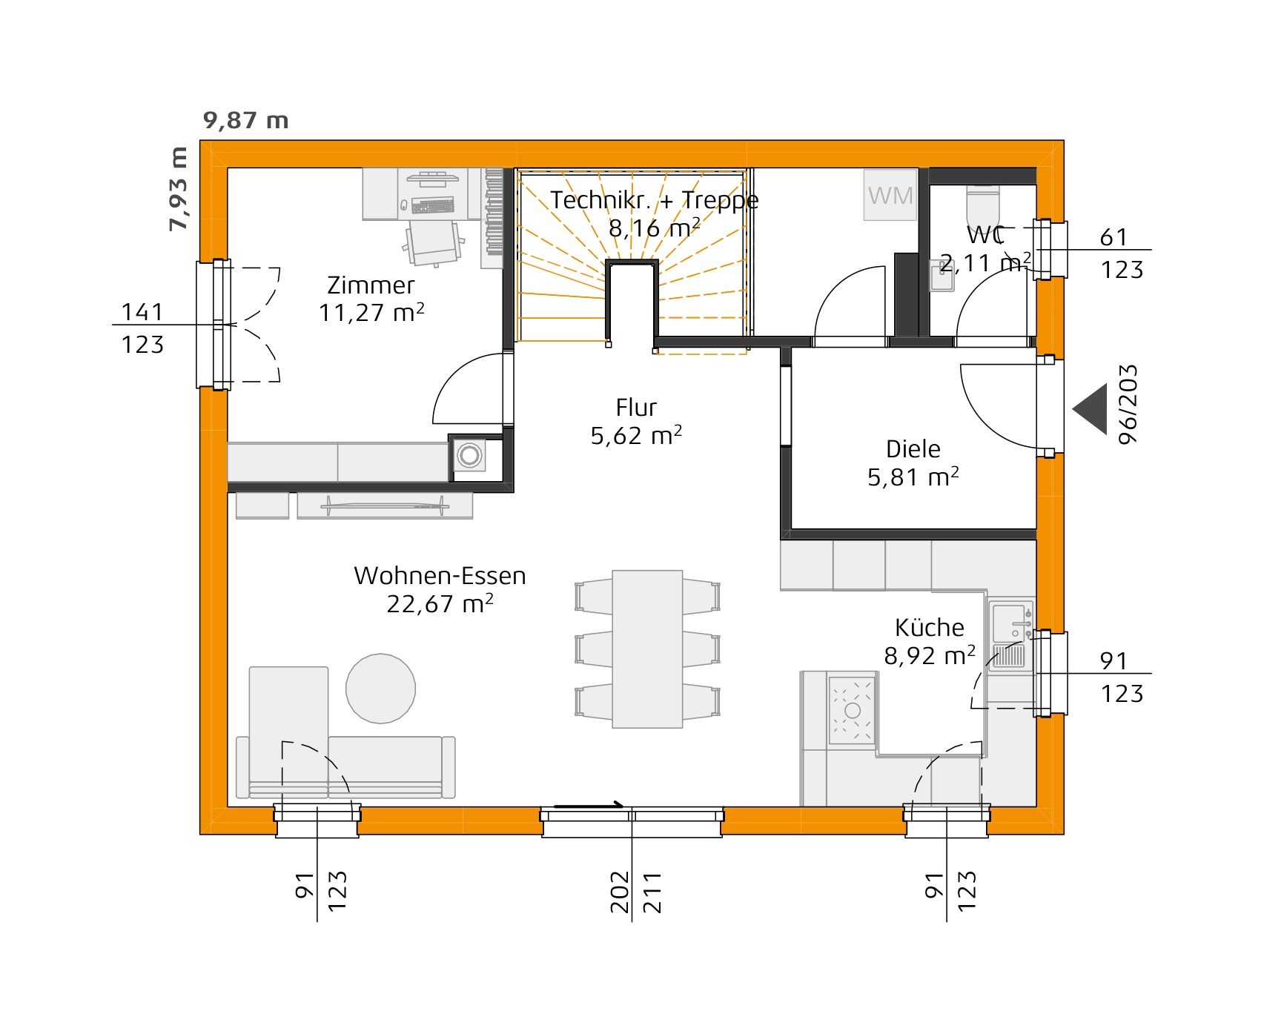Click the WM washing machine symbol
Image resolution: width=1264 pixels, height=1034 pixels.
pos(890,195)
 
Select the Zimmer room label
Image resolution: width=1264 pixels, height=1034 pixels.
pos(371,285)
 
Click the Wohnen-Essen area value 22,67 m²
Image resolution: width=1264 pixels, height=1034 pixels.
pos(440,604)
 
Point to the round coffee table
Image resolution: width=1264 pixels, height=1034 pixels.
pos(380,688)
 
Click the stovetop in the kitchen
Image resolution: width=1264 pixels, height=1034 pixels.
pos(852,710)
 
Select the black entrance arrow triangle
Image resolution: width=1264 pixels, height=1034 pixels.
pos(1091,408)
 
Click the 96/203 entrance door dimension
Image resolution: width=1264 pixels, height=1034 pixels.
pos(1128,405)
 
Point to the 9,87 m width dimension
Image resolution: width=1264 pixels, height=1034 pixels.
pos(245,120)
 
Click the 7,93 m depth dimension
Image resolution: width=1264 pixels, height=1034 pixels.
pos(179,189)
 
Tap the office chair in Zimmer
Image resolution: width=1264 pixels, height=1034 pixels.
pos(434,241)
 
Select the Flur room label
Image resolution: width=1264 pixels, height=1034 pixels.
pos(636,408)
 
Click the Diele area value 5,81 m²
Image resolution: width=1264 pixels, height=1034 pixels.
pos(913,477)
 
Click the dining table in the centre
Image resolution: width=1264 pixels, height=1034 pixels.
pos(647,649)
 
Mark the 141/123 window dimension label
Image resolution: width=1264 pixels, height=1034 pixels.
pos(142,327)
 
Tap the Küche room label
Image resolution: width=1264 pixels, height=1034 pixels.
pos(930,628)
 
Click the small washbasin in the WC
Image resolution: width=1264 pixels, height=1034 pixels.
pos(942,276)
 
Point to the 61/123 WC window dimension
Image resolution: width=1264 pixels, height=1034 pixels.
pos(1121,253)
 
